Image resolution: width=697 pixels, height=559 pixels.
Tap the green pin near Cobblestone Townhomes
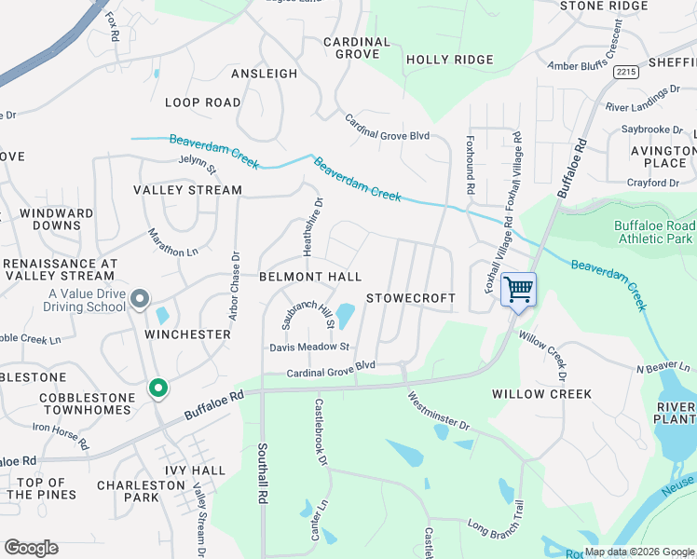[158, 389]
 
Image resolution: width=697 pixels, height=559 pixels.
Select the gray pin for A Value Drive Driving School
[140, 298]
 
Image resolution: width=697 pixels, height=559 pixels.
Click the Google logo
[31, 548]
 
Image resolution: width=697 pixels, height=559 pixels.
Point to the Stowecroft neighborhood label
[411, 298]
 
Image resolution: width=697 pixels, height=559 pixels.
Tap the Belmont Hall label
[309, 277]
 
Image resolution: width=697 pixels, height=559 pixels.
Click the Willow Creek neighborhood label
[541, 394]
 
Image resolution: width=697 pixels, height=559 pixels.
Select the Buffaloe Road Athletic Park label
[654, 232]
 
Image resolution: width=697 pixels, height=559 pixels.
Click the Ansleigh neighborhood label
[264, 74]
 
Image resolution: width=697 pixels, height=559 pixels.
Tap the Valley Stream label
[187, 190]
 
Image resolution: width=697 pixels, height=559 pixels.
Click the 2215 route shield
[626, 71]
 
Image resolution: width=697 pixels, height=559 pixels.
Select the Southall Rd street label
[262, 472]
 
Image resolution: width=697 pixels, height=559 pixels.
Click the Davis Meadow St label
[308, 347]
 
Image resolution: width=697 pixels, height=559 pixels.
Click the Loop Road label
[202, 102]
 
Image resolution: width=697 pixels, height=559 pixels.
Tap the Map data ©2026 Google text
[639, 552]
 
